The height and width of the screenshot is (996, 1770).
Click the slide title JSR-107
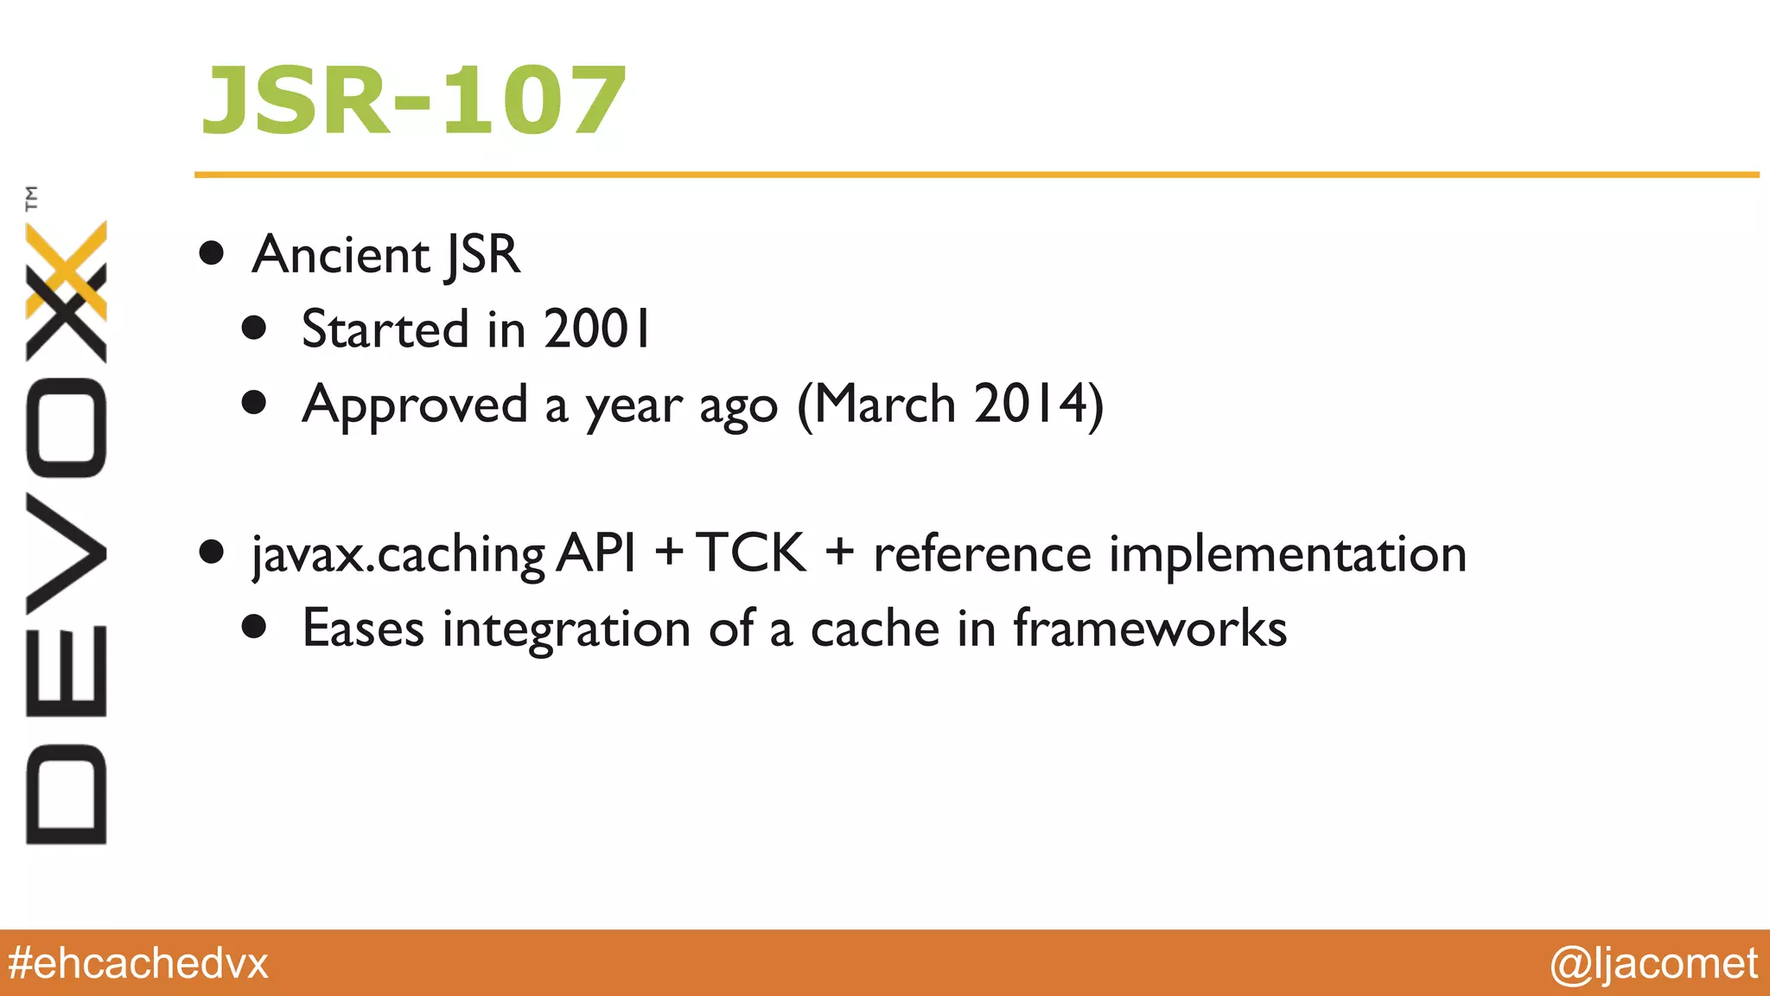[414, 101]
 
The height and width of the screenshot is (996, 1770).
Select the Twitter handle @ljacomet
[1653, 963]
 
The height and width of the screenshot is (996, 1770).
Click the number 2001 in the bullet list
[597, 329]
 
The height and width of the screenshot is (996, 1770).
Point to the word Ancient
[341, 255]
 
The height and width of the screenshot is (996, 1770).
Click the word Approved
[415, 405]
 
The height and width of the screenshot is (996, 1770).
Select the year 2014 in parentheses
[1028, 404]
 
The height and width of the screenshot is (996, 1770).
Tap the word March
[883, 404]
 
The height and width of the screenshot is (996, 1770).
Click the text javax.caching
[398, 554]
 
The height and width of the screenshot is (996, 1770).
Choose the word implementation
[1288, 554]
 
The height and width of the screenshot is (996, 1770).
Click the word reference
[982, 554]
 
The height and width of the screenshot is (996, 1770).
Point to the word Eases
[363, 629]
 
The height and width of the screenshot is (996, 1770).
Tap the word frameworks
[1149, 629]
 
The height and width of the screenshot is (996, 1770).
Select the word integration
[566, 630]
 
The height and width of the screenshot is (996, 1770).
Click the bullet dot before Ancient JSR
[212, 254]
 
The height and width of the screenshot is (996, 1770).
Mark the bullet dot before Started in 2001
[254, 328]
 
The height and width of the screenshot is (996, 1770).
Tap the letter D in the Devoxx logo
[67, 794]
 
